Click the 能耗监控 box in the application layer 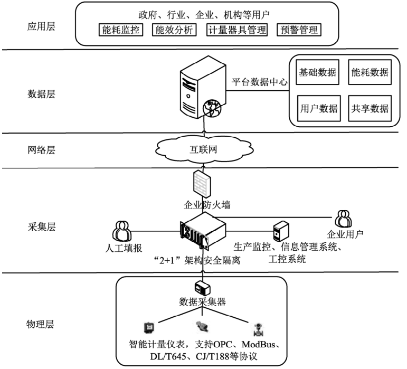coord(121,30)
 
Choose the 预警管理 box coord(299,30)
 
